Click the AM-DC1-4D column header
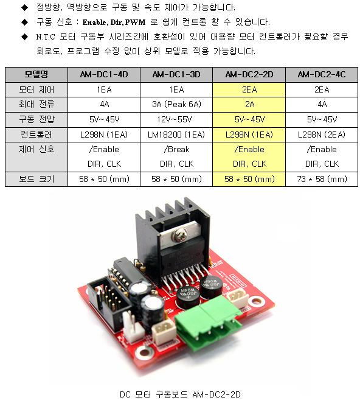pyautogui.click(x=104, y=75)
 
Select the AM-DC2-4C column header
pyautogui.click(x=322, y=75)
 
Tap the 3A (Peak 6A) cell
pyautogui.click(x=176, y=104)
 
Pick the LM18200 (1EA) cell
pyautogui.click(x=176, y=135)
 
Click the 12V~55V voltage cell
pyautogui.click(x=175, y=119)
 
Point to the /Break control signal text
pyautogui.click(x=176, y=149)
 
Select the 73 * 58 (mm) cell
pyautogui.click(x=322, y=179)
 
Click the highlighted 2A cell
pyautogui.click(x=249, y=104)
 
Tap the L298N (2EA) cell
pyautogui.click(x=322, y=135)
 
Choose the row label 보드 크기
pyautogui.click(x=36, y=179)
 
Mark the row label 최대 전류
pyautogui.click(x=36, y=104)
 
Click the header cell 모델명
pyautogui.click(x=36, y=75)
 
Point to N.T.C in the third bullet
pyautogui.click(x=46, y=37)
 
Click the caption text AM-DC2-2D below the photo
pyautogui.click(x=216, y=394)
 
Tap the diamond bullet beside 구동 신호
pyautogui.click(x=25, y=23)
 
